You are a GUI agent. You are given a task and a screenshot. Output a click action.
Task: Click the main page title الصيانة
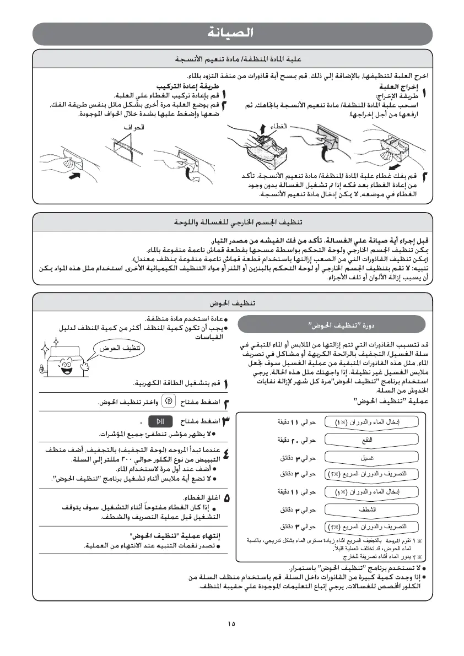tap(231, 33)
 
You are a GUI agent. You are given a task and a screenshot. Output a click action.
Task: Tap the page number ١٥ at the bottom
tap(231, 624)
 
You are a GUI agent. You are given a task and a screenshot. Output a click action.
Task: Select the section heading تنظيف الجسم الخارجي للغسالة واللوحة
tap(231, 223)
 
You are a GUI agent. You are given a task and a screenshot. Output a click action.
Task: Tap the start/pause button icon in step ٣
tap(161, 421)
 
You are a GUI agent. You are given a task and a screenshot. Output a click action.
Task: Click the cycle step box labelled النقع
tap(369, 440)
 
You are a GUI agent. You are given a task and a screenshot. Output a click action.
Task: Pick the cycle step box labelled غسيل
tap(369, 457)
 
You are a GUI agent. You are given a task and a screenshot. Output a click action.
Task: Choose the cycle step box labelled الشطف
tap(369, 509)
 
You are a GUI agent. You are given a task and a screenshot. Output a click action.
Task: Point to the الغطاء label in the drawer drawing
tap(279, 127)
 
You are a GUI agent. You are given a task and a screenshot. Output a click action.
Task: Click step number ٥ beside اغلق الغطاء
tap(227, 498)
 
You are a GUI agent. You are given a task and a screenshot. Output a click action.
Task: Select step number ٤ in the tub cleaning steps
tap(227, 455)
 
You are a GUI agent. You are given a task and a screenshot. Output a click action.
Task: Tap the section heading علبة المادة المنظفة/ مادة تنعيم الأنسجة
tap(231, 58)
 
